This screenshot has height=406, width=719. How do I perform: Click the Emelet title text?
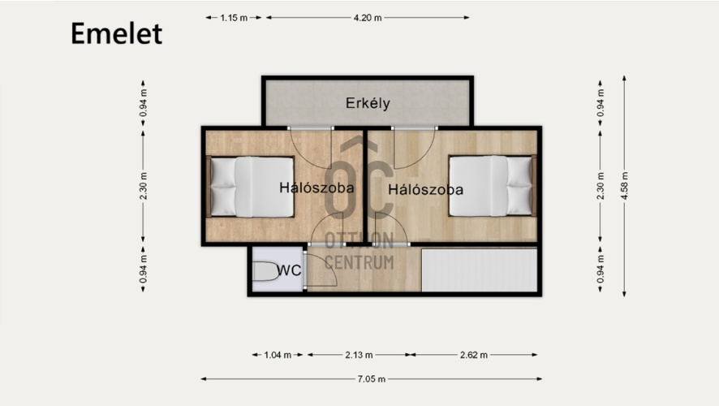coord(117,33)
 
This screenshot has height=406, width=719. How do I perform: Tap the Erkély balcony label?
coord(368,103)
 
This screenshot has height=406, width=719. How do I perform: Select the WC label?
coord(289,270)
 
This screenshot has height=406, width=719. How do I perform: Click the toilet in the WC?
coord(266,271)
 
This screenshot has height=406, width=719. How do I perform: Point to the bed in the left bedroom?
coord(250,187)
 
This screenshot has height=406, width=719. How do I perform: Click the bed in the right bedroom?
coord(493,186)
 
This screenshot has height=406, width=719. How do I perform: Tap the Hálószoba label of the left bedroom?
coord(316,188)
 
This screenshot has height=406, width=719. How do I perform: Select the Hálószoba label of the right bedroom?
coord(425,189)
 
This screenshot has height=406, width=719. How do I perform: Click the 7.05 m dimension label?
coord(372,379)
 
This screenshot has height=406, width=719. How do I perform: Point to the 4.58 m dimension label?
coord(624,186)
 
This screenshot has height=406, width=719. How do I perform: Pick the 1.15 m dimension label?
coord(234,18)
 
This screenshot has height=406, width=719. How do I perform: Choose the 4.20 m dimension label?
coord(368,18)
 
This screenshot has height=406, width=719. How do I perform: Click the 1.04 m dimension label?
coord(278,355)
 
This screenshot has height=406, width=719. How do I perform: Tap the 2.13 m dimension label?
coord(359,355)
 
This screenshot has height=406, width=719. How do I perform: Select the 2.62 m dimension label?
coord(474,355)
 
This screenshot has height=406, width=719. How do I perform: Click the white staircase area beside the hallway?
coord(479,270)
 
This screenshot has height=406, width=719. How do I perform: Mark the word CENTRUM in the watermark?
coord(359,263)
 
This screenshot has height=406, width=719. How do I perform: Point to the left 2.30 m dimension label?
coord(144,186)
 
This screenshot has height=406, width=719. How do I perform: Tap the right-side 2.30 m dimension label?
coord(601,186)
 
